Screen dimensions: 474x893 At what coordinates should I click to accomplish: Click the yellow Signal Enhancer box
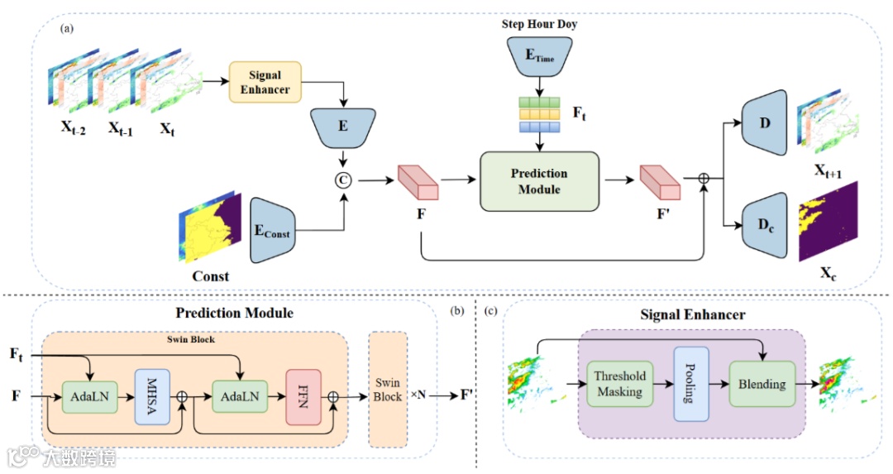pos(265,82)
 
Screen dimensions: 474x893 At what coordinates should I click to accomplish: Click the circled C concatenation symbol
pos(340,179)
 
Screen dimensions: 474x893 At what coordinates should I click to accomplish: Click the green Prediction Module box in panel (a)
pos(539,182)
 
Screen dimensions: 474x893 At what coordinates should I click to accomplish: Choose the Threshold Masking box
pos(619,383)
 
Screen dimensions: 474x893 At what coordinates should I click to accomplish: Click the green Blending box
pos(762,383)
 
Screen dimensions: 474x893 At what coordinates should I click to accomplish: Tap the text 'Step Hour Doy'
pos(539,24)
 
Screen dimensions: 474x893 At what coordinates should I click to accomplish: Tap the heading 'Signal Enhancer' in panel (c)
pos(692,315)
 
